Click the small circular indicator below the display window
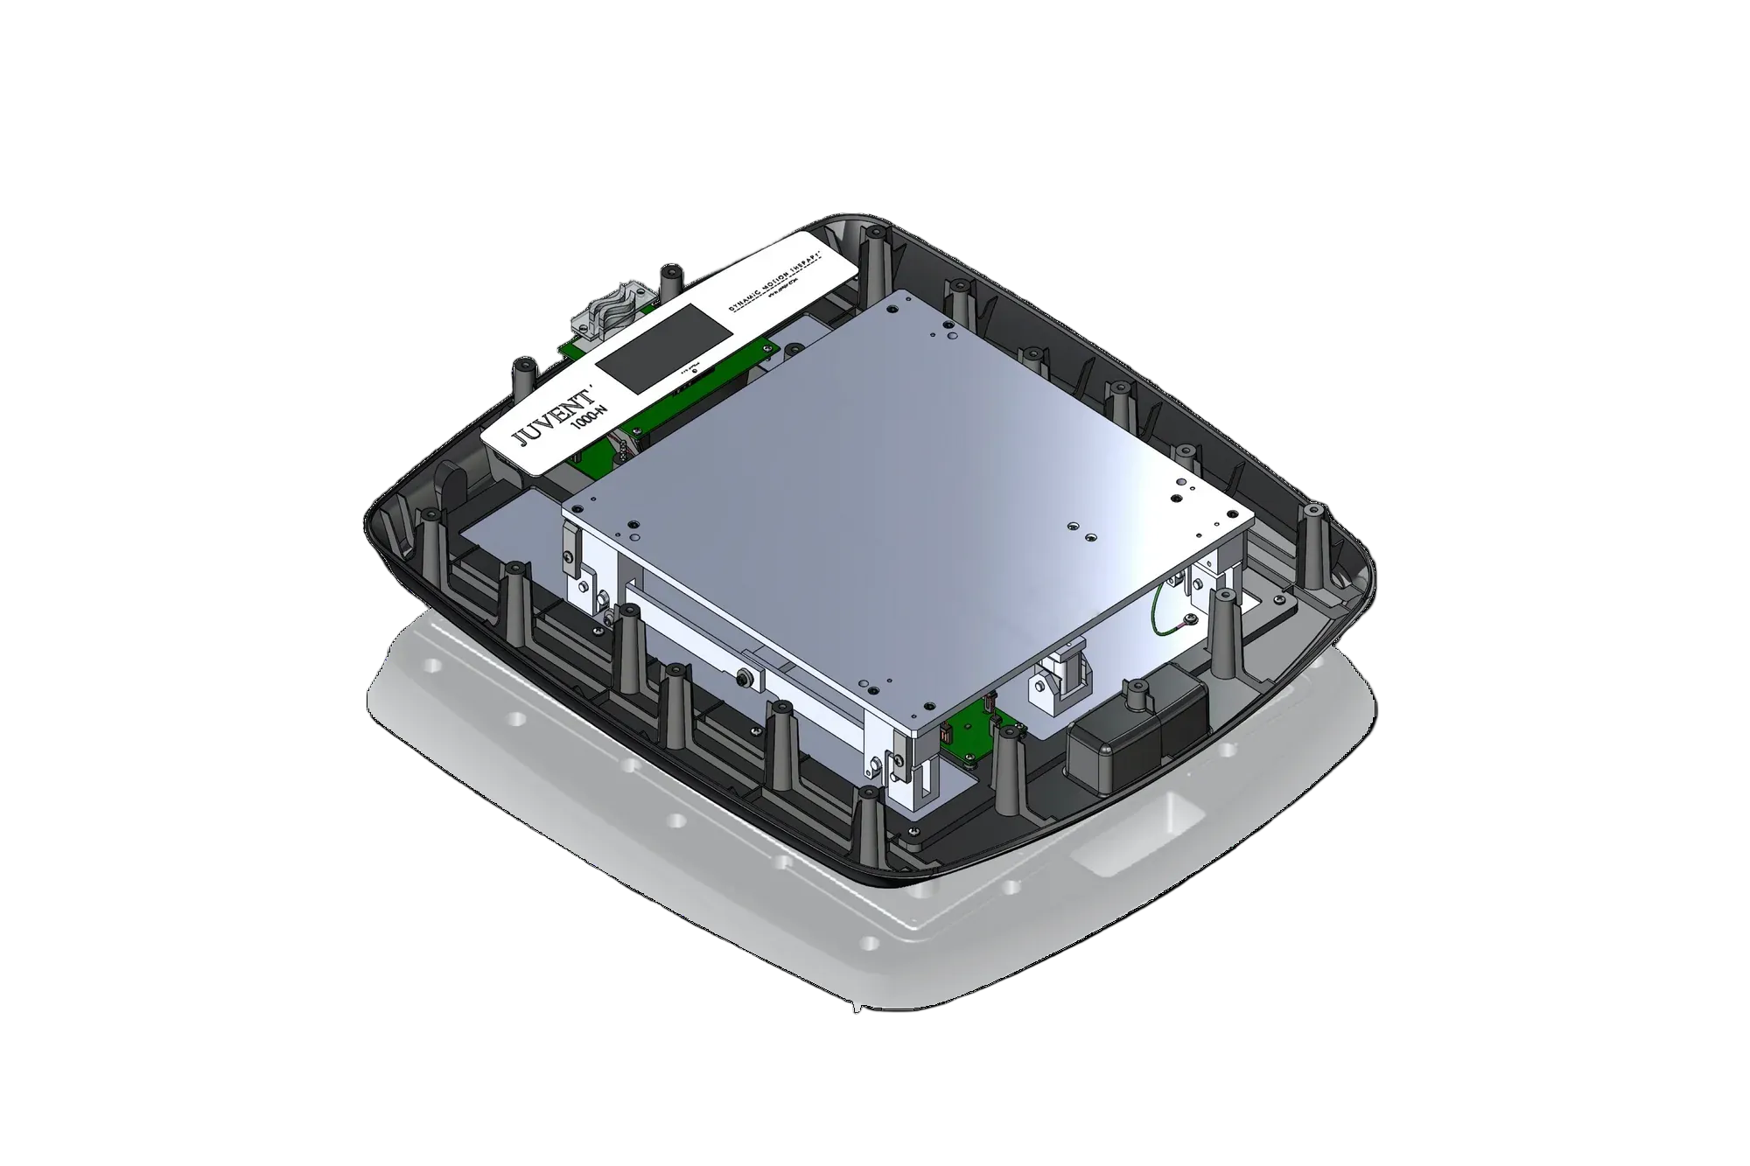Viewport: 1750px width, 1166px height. point(695,370)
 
